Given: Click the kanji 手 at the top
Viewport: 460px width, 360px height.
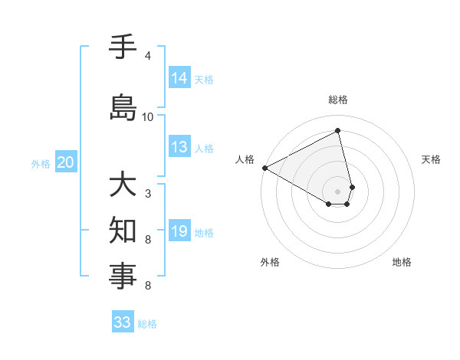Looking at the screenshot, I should pos(123,47).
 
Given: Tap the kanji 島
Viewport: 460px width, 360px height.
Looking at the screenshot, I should pos(123,107).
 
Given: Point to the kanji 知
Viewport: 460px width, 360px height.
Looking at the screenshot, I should pos(123,230).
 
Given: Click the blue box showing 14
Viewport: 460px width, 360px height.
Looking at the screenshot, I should pos(179,78).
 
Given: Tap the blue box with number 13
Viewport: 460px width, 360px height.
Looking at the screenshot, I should pos(179,147).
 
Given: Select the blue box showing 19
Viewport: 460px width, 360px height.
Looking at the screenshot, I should pos(179,231).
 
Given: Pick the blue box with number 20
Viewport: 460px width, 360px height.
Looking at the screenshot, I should pos(65,162).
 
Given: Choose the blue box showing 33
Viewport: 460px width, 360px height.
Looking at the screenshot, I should pos(123,322).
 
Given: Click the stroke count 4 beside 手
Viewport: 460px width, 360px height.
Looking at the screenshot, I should pos(147,56).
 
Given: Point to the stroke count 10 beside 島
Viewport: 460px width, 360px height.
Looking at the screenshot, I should pos(147,117).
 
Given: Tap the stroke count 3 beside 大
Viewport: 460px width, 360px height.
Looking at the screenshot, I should pos(147,194).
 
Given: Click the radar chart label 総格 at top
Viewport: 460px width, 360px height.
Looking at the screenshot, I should pos(338,100).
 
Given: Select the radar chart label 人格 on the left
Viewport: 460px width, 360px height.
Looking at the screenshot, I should pos(245,159).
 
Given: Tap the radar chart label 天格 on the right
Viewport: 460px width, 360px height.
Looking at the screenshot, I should pos(432,159).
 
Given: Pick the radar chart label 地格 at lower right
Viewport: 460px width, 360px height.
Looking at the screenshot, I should pos(402,262).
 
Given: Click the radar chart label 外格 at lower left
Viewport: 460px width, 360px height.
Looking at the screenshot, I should pos(270,262).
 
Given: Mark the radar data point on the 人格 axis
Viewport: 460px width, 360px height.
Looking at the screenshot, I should pos(264,168).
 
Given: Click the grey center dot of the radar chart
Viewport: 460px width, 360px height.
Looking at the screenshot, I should pos(338,191).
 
